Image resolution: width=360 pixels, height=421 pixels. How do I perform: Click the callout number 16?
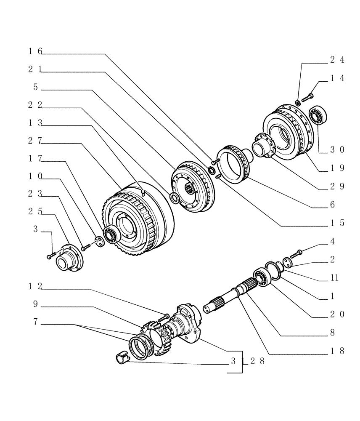35,51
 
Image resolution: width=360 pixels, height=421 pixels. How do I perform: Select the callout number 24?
337,60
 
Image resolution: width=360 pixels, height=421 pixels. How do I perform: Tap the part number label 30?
337,149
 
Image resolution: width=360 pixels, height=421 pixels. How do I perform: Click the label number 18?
337,351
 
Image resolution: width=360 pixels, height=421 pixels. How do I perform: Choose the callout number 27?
35,141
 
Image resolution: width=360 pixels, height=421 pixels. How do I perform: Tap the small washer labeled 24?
298,102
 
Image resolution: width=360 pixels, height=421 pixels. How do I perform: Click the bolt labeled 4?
296,253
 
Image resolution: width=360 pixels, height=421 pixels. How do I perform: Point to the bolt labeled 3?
51,255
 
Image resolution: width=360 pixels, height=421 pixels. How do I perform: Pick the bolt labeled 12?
164,316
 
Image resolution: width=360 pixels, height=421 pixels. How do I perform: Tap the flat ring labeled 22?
173,197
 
